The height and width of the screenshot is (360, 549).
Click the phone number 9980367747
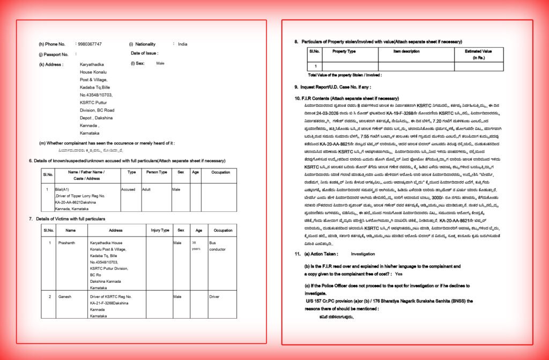tap(90, 44)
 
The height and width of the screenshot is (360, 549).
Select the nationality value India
tap(183, 44)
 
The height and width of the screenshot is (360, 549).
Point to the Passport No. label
tap(54, 54)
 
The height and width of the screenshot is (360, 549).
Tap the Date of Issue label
tap(144, 53)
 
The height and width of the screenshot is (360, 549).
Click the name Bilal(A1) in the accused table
tap(62, 189)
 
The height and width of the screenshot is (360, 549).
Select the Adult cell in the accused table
tap(146, 189)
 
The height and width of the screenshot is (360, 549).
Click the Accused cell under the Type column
tap(128, 189)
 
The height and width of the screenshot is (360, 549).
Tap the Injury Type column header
tap(160, 230)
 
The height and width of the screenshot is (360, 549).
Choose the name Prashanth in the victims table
tap(67, 243)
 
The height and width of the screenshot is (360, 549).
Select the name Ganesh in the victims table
tap(64, 296)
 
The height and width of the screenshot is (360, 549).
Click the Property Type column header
tap(344, 52)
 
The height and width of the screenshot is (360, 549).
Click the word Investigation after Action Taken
tap(363, 253)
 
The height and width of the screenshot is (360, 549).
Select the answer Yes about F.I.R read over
tap(398, 274)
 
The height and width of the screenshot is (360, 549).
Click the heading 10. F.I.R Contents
tap(346, 99)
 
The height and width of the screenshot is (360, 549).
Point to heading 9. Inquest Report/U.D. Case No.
tap(332, 87)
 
